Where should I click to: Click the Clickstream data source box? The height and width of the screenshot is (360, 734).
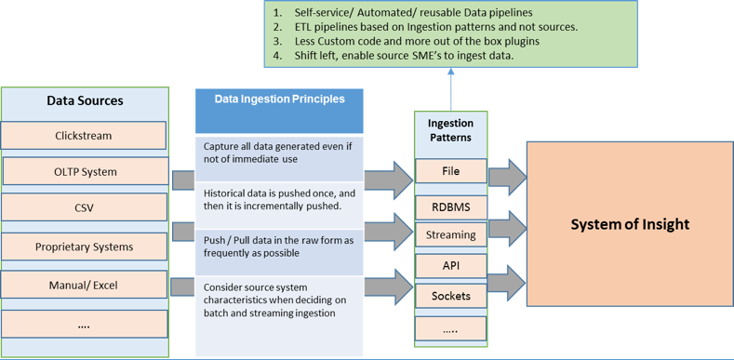click(x=84, y=135)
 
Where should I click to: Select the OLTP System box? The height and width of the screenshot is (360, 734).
click(x=86, y=171)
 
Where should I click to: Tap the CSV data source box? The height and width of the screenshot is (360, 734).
click(x=84, y=207)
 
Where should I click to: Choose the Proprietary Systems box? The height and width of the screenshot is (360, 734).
click(x=84, y=247)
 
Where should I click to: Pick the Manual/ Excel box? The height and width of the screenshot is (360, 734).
click(x=84, y=284)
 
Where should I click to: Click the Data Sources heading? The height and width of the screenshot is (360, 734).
click(x=85, y=100)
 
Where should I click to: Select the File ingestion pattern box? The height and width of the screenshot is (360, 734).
click(x=450, y=171)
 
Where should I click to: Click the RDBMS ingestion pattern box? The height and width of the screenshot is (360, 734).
click(x=450, y=204)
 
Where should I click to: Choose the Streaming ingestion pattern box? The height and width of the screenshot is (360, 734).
click(x=450, y=234)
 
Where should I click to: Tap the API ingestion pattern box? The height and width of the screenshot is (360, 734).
click(x=450, y=265)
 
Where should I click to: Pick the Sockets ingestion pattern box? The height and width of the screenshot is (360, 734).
click(x=450, y=296)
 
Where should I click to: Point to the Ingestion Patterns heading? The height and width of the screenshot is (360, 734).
click(x=450, y=131)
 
